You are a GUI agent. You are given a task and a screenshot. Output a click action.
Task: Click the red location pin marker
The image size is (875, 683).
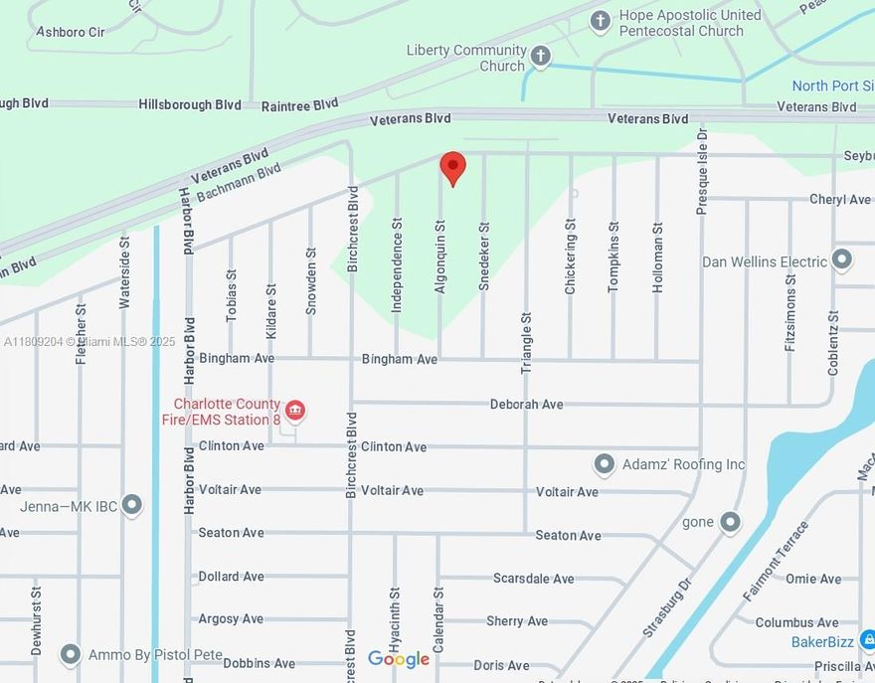pos(452,168)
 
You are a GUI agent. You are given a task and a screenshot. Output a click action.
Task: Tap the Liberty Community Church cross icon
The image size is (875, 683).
pos(540,57)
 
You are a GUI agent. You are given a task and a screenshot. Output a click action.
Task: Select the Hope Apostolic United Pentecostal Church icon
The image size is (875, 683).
pos(600,20)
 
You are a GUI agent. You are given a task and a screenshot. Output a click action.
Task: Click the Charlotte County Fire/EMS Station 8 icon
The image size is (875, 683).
pos(294,411)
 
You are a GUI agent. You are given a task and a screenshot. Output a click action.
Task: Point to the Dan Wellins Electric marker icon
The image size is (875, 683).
pos(842,260)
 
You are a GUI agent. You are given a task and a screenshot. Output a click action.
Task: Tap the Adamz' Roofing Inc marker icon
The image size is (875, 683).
pos(604,464)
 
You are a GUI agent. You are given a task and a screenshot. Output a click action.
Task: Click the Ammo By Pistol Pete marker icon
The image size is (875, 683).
pos(70,654)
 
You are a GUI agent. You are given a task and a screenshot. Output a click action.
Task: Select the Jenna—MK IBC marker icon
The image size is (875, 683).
pos(131,506)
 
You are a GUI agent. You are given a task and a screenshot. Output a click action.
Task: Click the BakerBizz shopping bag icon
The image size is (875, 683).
pos(867,640)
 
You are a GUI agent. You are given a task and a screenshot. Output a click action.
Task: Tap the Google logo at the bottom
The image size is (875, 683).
pos(399,659)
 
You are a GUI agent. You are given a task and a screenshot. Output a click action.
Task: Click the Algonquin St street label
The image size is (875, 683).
pos(439,256)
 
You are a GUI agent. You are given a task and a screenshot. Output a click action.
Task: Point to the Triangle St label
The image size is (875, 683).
pos(527,342)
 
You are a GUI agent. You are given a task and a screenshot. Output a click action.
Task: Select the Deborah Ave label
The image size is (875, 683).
pos(526,404)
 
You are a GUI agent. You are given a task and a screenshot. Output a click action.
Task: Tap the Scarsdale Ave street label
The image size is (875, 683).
pos(534,578)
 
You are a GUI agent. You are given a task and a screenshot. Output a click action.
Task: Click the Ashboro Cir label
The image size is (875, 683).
pos(70,32)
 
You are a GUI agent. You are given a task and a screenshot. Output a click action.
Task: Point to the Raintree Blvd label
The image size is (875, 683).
pos(299,104)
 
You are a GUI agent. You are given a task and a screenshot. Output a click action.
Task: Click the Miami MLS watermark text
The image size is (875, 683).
pos(89,341)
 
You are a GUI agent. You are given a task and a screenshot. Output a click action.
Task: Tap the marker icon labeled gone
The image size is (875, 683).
pos(731,521)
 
